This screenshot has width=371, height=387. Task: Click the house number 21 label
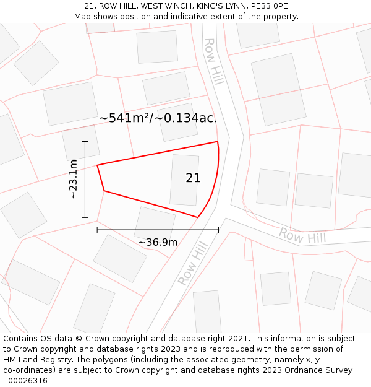click(x=193, y=178)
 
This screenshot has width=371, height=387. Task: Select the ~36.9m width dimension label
click(x=158, y=242)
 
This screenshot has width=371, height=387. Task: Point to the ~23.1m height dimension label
click(x=73, y=179)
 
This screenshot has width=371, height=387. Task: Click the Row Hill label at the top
click(x=214, y=62)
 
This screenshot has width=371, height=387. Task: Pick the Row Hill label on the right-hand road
click(x=302, y=236)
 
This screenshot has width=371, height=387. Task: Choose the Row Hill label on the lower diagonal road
click(x=192, y=263)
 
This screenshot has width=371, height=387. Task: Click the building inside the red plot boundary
click(x=184, y=180)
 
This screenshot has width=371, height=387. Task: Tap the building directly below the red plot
click(x=155, y=222)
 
